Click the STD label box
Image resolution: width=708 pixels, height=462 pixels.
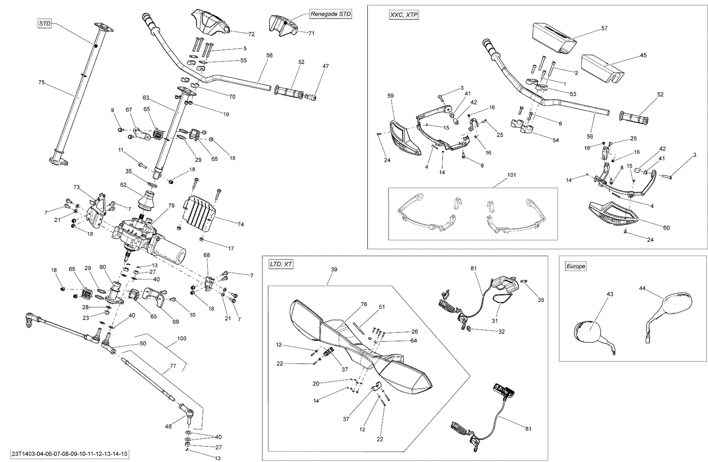pyautogui.click(x=44, y=23)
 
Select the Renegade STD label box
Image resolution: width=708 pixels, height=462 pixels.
pyautogui.click(x=331, y=14)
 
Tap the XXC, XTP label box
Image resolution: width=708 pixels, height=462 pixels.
pyautogui.click(x=404, y=15)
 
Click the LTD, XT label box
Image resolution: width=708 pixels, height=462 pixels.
pyautogui.click(x=281, y=264)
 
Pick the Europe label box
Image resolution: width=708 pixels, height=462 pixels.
pyautogui.click(x=575, y=266)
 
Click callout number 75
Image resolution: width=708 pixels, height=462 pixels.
pyautogui.click(x=41, y=82)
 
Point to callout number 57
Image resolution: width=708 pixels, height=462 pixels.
pyautogui.click(x=604, y=28)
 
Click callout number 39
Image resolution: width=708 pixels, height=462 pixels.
pyautogui.click(x=334, y=269)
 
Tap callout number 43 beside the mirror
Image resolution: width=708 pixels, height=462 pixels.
pyautogui.click(x=609, y=294)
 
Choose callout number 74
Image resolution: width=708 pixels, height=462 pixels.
pyautogui.click(x=240, y=225)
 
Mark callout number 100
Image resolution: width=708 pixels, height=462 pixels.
pyautogui.click(x=182, y=339)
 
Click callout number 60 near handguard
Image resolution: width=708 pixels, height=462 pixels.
pyautogui.click(x=666, y=228)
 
